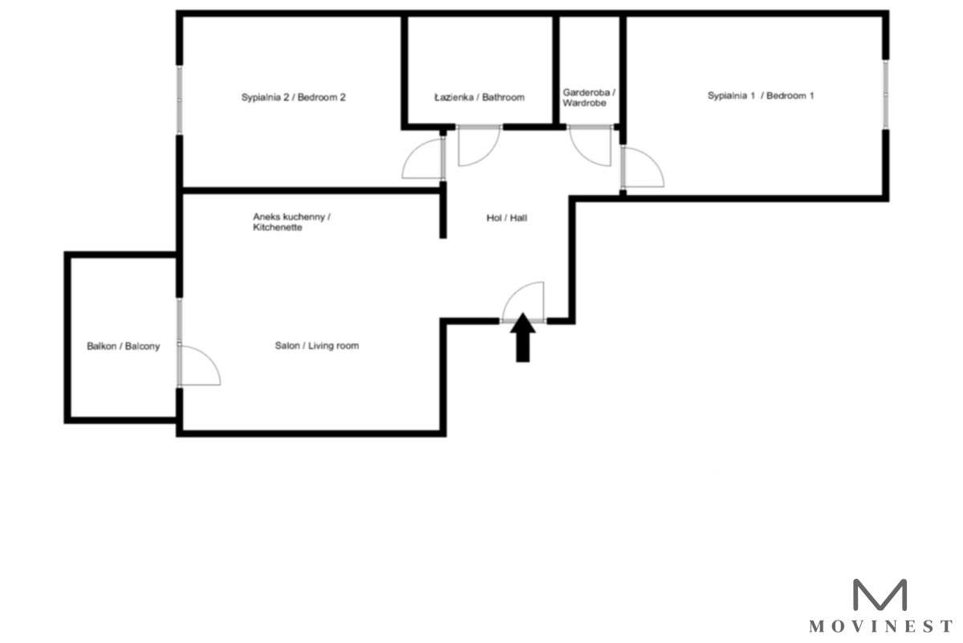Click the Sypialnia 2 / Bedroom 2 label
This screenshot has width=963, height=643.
(x=294, y=97)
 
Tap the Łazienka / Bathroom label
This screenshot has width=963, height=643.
(x=479, y=97)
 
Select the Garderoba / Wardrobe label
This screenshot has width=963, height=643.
(x=589, y=98)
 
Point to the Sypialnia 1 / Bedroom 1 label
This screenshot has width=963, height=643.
(x=761, y=96)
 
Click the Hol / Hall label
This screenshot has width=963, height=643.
(x=506, y=218)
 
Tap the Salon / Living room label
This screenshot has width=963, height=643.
(x=317, y=346)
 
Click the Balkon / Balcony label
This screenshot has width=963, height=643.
(x=124, y=347)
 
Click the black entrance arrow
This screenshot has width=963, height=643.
(x=522, y=337)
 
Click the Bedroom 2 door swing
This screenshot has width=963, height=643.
(x=424, y=159)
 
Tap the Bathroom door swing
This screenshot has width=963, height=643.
(x=477, y=147)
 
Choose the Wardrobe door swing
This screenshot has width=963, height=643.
(x=591, y=147)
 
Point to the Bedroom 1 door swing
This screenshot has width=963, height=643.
(x=641, y=169)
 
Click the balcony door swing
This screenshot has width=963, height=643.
(x=199, y=365)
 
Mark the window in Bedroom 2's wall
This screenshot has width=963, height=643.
(x=179, y=100)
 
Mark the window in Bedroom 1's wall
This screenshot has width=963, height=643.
(x=886, y=93)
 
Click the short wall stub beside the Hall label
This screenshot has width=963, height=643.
(x=443, y=210)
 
